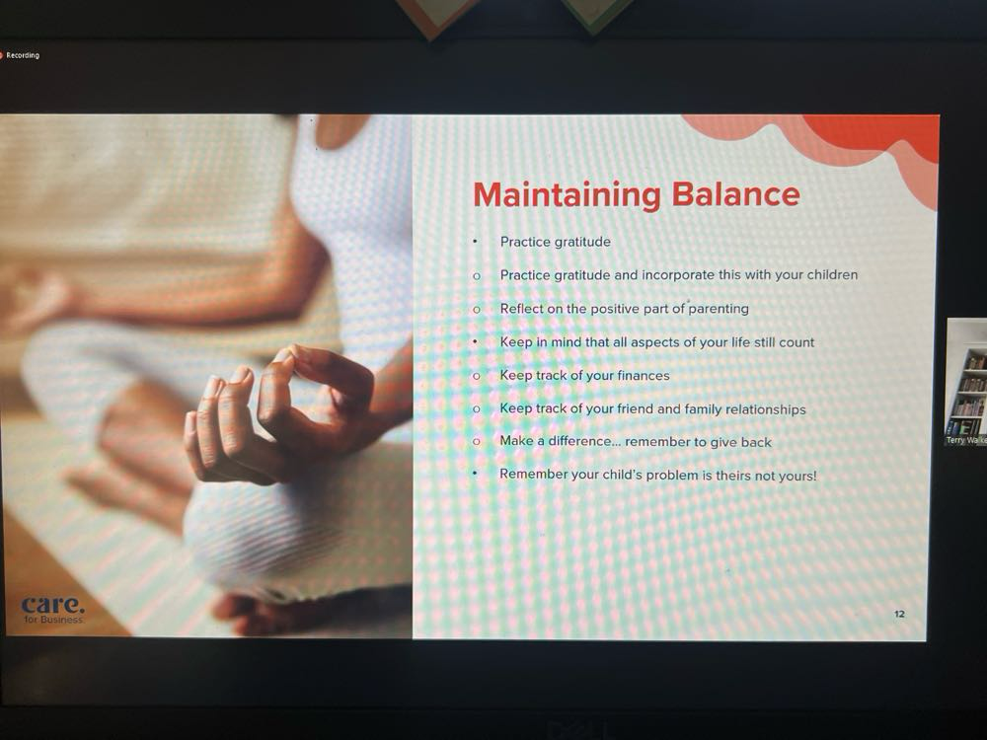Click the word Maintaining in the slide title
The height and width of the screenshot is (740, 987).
pos(567,195)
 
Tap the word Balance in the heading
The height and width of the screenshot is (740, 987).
pos(736,193)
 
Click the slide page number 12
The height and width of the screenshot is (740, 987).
pos(899,614)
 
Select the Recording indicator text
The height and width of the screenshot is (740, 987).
pos(23,55)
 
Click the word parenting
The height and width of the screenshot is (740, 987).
pos(719,309)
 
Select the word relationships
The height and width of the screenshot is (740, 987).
pos(766,409)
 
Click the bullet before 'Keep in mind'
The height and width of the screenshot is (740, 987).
pos(476,342)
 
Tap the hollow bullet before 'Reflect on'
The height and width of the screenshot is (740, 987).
pos(477,309)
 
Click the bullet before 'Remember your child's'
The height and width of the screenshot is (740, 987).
pos(476,474)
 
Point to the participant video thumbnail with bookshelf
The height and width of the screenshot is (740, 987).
pos(966,381)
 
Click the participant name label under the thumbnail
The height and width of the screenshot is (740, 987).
pos(966,440)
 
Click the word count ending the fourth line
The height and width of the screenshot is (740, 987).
pos(797,343)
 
